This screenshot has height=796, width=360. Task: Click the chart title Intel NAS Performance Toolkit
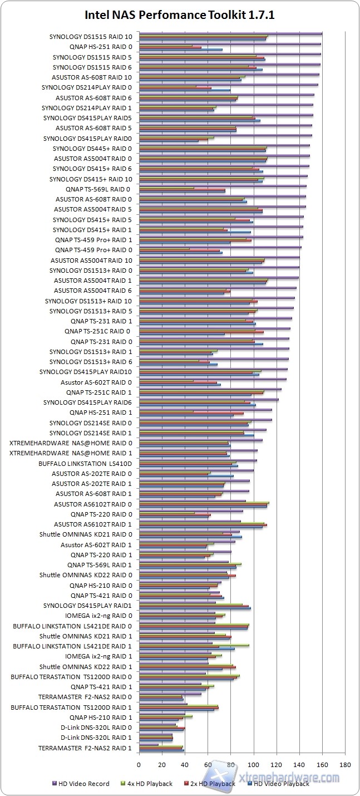[180, 16]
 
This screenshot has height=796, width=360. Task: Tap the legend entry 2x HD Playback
[212, 784]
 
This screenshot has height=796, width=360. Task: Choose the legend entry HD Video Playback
[281, 784]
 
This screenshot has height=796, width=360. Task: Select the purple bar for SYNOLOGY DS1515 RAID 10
[230, 33]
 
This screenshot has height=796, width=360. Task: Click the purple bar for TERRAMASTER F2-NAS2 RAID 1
[149, 745]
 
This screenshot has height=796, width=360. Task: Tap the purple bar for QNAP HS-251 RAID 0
[230, 43]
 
